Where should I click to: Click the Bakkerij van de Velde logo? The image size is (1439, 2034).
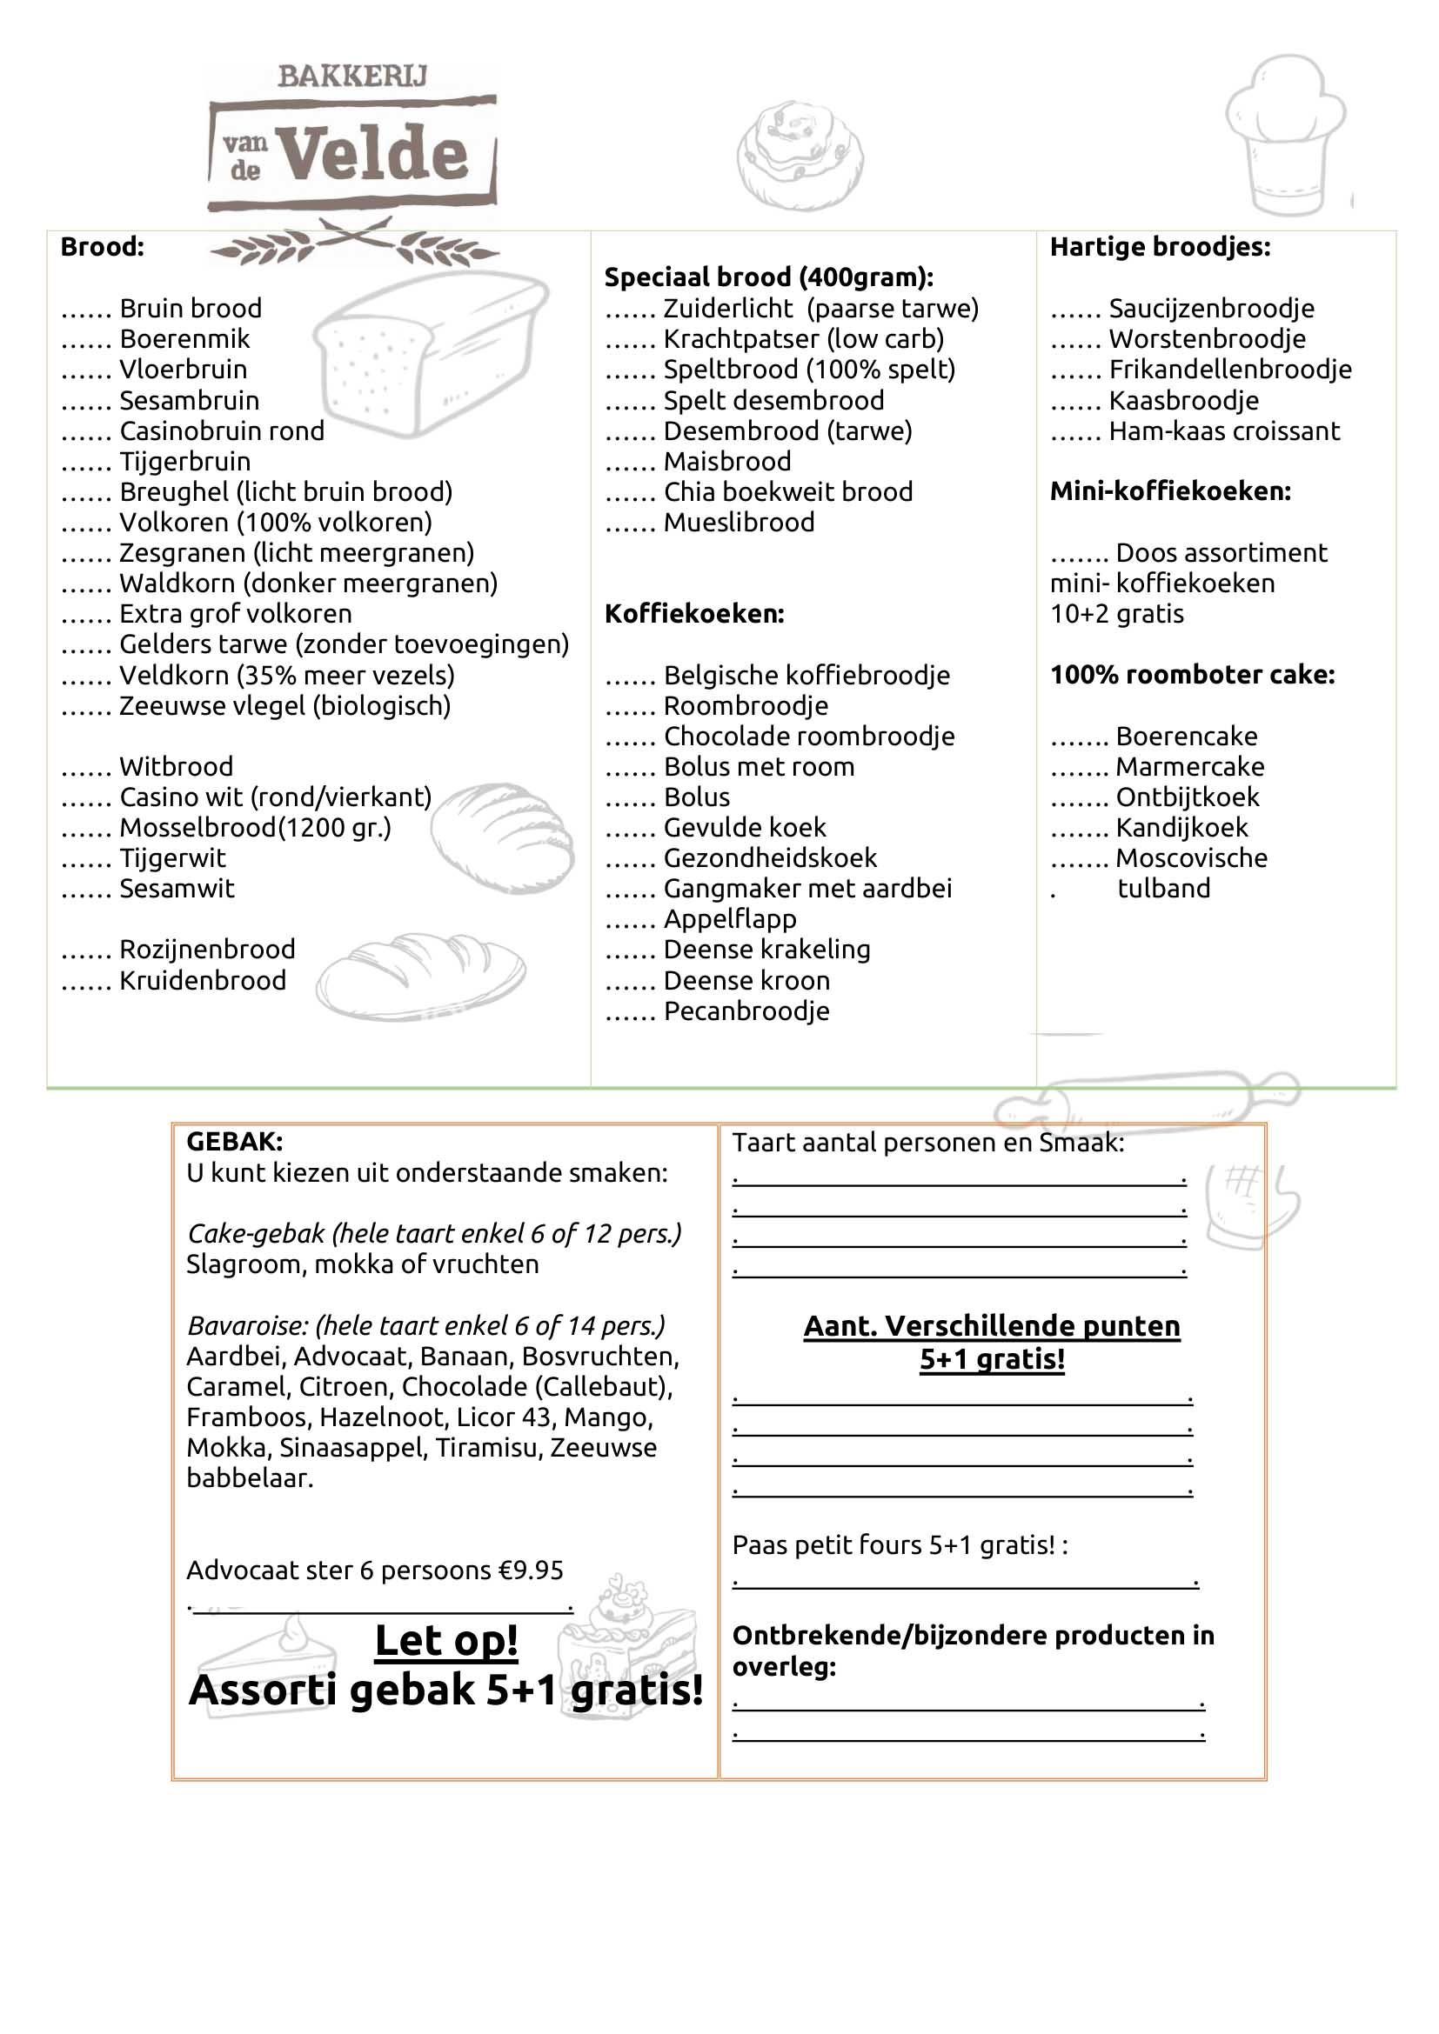pos(351,142)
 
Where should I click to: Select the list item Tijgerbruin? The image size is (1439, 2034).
pos(184,462)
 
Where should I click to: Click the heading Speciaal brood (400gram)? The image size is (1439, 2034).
pos(768,277)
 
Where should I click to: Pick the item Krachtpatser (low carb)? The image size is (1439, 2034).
pos(803,339)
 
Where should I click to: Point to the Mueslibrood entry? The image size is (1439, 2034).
pos(738,523)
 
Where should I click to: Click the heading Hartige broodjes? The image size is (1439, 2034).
pos(1159,247)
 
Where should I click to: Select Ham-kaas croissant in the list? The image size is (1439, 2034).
pos(1224,431)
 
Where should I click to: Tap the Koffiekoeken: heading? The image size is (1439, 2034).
pos(693,614)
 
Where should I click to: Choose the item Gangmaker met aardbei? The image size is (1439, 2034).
pos(807,889)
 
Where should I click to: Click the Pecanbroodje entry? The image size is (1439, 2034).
pos(746,1010)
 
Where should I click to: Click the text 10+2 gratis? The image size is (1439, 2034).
pos(1116,614)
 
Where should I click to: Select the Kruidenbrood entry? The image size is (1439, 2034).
pos(202,981)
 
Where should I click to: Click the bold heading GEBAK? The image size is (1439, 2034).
pos(234,1142)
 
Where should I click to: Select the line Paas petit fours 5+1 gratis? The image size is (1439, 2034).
pos(900,1545)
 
